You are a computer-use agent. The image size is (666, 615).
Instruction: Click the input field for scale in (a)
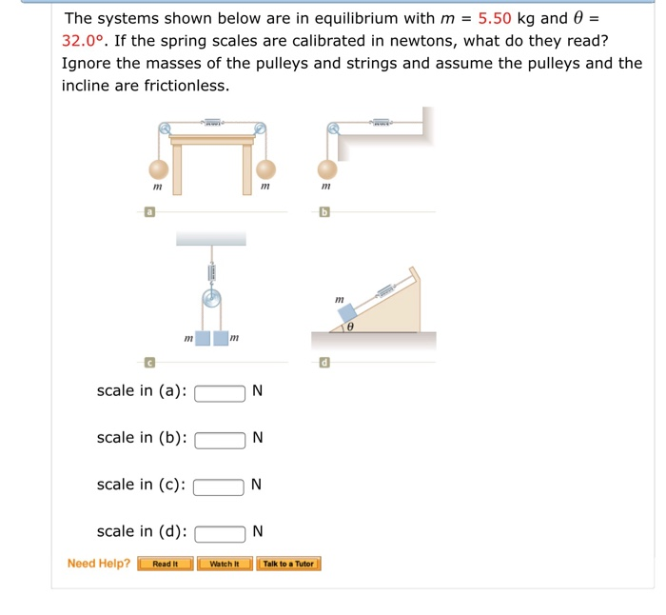(x=221, y=391)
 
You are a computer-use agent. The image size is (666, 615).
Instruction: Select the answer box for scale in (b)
(x=221, y=439)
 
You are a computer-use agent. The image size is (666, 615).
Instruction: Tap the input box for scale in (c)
(x=221, y=486)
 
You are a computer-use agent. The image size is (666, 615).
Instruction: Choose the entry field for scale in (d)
(x=221, y=532)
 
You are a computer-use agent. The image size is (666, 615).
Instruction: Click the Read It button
(x=166, y=564)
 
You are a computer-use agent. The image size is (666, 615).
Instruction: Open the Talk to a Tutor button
(x=288, y=564)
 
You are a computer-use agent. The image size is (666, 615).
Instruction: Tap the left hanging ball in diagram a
(x=158, y=169)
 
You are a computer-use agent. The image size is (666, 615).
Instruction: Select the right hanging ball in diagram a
(x=265, y=169)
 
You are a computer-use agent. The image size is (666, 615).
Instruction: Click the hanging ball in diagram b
(x=326, y=169)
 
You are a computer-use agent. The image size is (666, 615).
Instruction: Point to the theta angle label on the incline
(x=350, y=327)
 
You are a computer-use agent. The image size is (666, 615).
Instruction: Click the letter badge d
(x=324, y=363)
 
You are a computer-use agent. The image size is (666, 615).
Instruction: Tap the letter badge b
(x=324, y=215)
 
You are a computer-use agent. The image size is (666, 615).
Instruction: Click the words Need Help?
(x=99, y=564)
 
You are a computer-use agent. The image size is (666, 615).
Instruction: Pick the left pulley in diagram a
(x=166, y=129)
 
